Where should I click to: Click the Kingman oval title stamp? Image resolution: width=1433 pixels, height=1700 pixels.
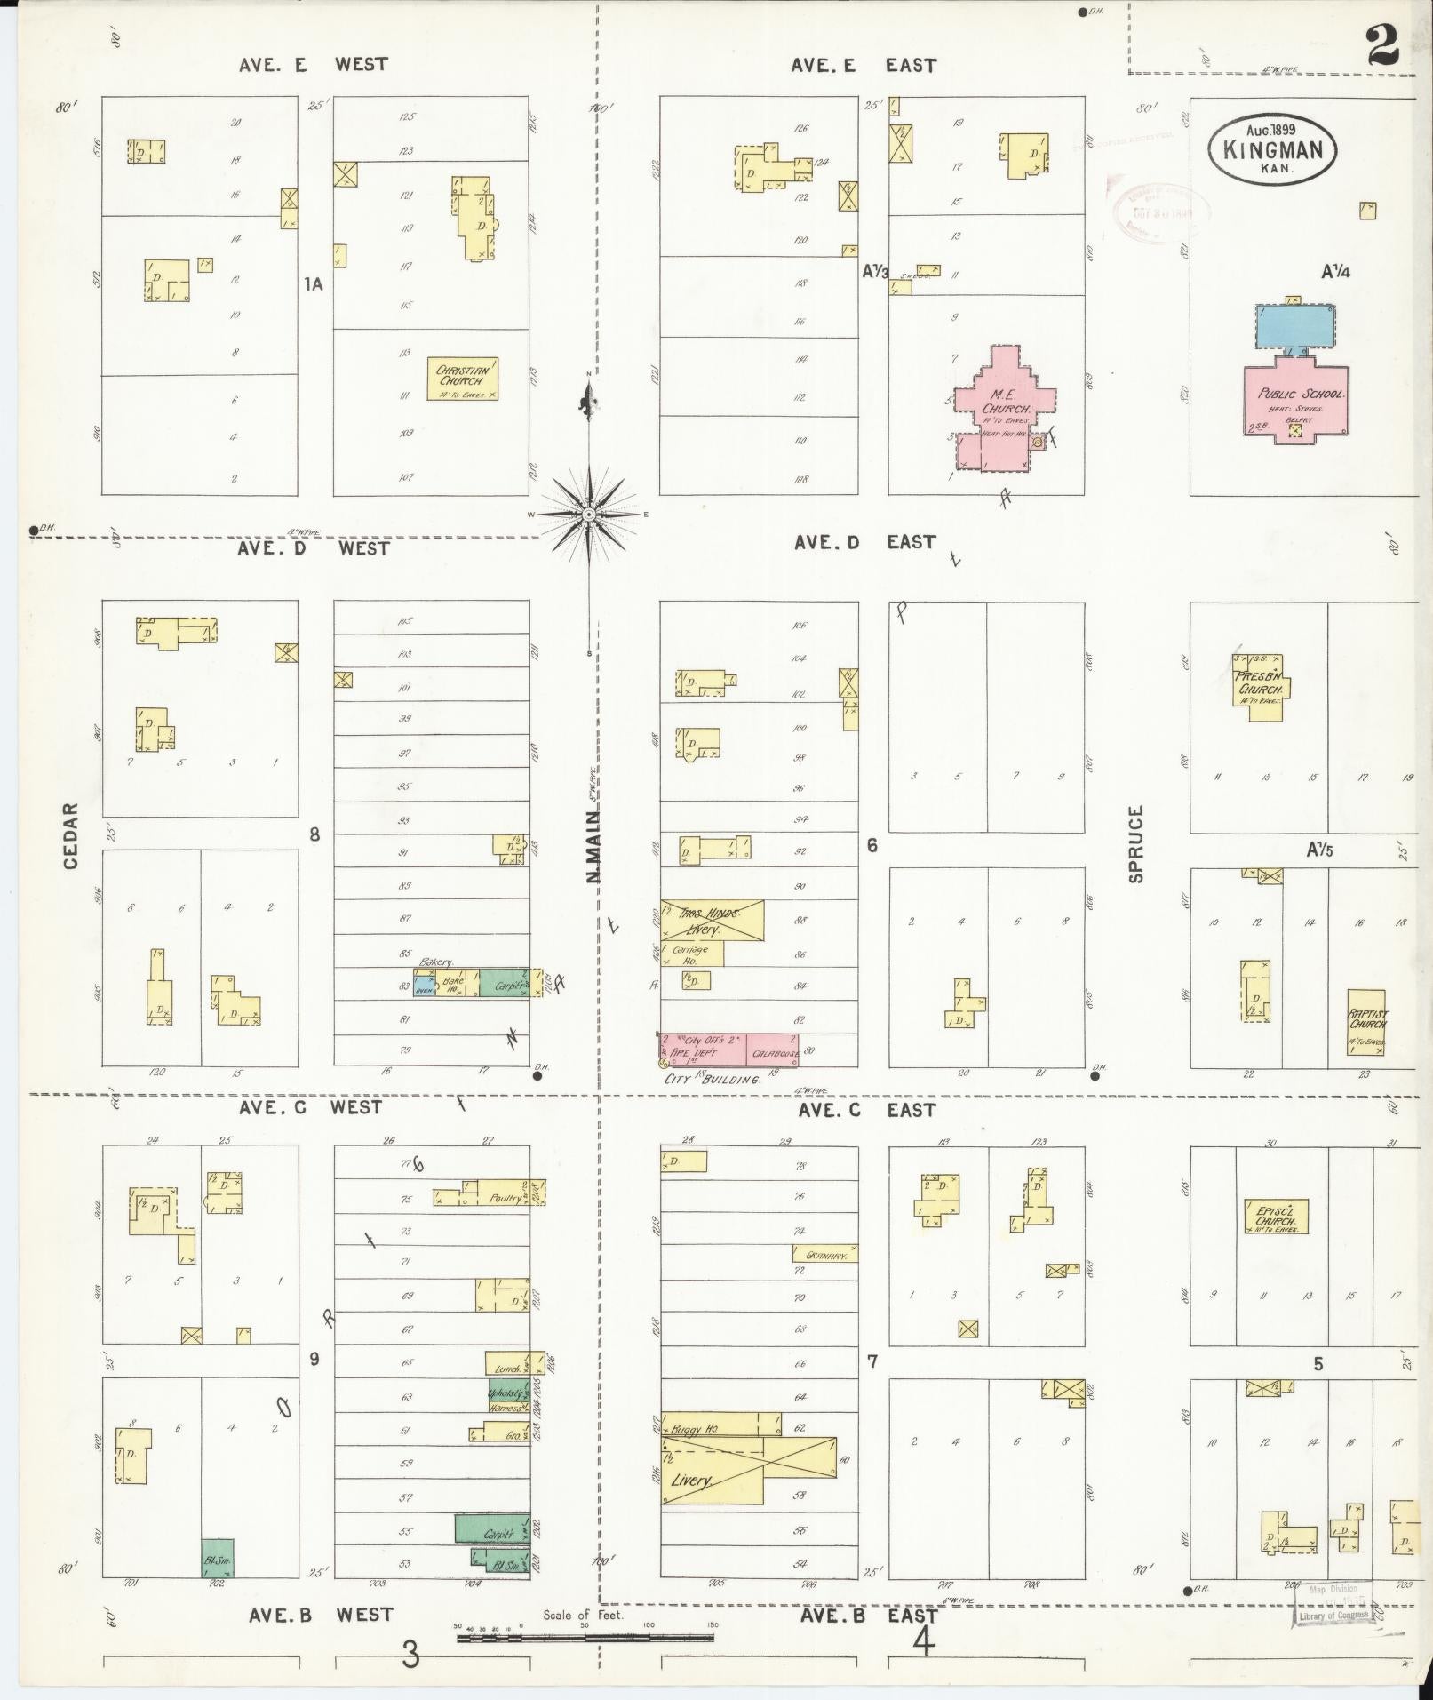[1272, 148]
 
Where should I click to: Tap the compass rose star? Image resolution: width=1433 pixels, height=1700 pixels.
[589, 515]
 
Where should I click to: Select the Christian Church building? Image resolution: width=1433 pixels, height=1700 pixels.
[463, 379]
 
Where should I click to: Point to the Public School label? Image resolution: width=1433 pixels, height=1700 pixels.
[1300, 394]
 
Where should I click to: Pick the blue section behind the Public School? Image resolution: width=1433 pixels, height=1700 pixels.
[1295, 326]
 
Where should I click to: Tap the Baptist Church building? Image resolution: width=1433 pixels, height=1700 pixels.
[1366, 1022]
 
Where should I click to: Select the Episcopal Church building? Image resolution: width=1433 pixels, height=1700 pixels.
[1276, 1217]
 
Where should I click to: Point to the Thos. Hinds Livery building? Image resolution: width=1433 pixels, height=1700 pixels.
[712, 921]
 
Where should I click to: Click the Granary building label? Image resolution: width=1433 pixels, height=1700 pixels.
[825, 1254]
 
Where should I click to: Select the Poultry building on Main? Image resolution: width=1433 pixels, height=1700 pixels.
[504, 1198]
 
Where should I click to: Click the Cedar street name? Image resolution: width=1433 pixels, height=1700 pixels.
[70, 836]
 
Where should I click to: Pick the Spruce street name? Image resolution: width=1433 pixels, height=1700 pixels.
[1135, 843]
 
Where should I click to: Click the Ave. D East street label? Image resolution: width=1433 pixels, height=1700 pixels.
[864, 542]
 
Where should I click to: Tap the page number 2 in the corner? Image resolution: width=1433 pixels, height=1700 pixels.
[1381, 44]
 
